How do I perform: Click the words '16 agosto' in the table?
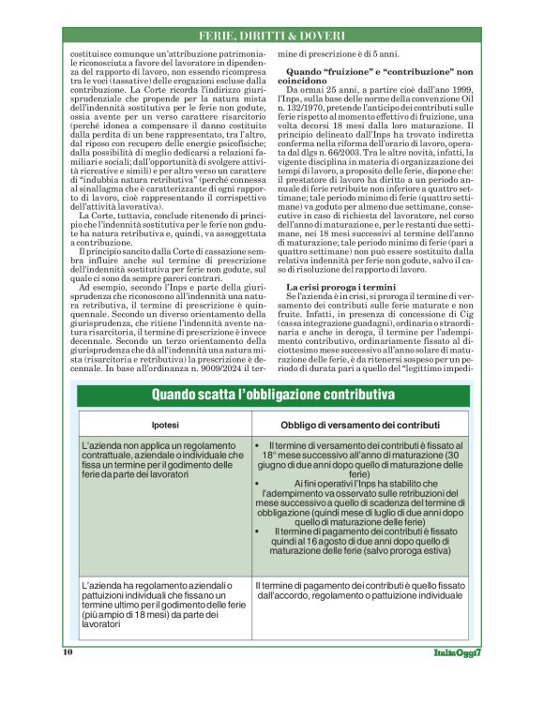pyautogui.click(x=341, y=540)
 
